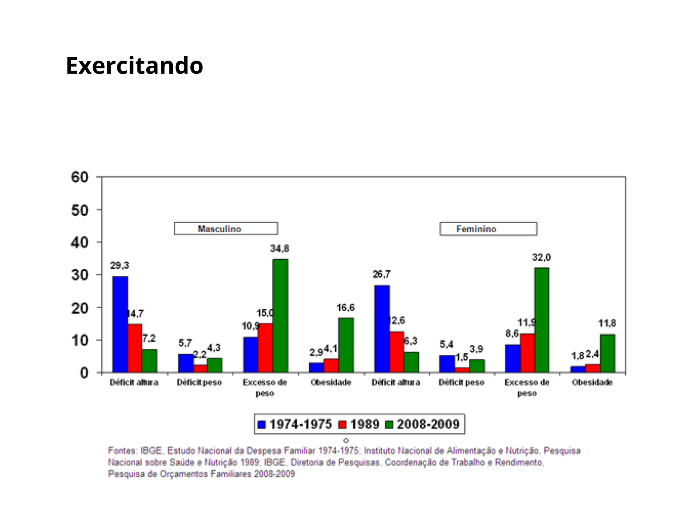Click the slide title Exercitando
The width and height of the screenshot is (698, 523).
click(134, 66)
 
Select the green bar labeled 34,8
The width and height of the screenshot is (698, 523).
click(280, 316)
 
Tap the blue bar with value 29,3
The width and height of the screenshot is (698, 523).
click(120, 324)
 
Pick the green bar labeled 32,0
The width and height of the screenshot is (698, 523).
click(541, 320)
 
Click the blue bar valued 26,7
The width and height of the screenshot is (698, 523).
click(382, 329)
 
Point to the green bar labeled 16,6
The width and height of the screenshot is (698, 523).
click(346, 345)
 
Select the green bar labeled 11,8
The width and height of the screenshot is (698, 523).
click(607, 353)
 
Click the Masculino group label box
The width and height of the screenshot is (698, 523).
click(226, 229)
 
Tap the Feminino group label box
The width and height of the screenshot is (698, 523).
click(488, 229)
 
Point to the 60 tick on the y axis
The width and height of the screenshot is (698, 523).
click(80, 177)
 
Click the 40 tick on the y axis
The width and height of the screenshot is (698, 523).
click(80, 242)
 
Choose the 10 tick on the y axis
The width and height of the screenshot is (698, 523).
click(80, 340)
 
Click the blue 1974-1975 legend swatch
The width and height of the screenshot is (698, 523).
click(262, 425)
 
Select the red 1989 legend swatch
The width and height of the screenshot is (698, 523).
click(342, 425)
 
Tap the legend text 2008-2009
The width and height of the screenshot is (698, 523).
click(428, 425)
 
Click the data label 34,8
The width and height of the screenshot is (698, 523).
click(279, 248)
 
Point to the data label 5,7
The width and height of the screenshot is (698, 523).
click(185, 343)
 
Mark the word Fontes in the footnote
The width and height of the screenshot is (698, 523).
click(122, 451)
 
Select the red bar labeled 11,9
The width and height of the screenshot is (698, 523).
click(527, 353)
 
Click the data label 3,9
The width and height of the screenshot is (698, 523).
click(476, 349)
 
